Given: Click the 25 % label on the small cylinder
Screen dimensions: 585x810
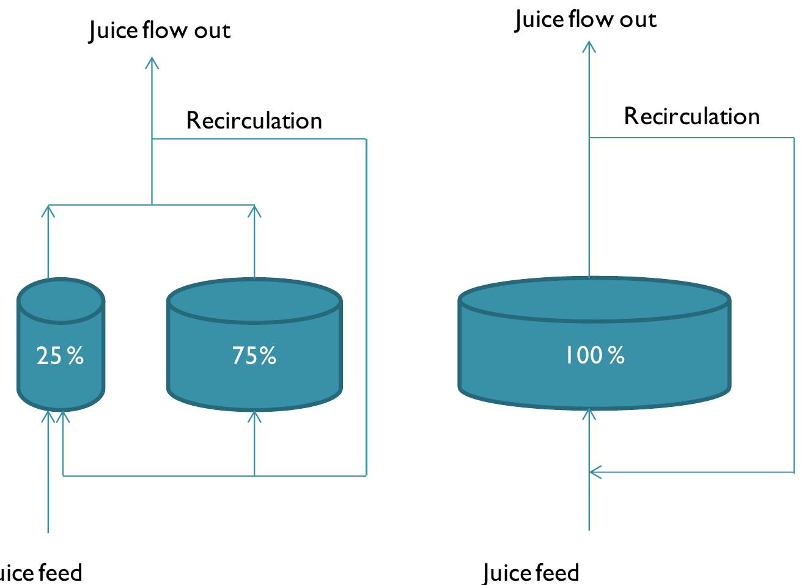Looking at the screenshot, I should [x=60, y=356].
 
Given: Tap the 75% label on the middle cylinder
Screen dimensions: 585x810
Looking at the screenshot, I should [x=254, y=356].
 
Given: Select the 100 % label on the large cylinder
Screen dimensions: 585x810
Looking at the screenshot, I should [x=594, y=356].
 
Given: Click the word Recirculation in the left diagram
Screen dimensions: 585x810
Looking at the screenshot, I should [x=254, y=121].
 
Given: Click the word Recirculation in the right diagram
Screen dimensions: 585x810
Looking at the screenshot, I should [x=691, y=116].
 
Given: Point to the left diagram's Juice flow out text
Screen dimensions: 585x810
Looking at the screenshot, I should [x=160, y=31].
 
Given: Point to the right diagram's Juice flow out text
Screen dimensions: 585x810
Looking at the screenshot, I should [x=585, y=20].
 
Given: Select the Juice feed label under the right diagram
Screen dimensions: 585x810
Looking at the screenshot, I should [x=531, y=573].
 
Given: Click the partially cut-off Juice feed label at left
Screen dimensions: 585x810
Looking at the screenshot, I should [x=40, y=573].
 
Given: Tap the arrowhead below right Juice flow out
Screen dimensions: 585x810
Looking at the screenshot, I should [x=589, y=45].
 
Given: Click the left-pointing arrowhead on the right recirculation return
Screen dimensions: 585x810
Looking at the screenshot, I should [x=594, y=472].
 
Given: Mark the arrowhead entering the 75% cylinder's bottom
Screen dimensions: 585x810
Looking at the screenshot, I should [x=255, y=416].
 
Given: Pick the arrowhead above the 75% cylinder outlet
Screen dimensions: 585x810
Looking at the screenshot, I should [x=255, y=210].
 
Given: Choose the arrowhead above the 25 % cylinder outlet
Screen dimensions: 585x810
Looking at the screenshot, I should [x=48, y=210].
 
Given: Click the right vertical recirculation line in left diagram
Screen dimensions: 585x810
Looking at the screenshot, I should [x=366, y=306].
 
